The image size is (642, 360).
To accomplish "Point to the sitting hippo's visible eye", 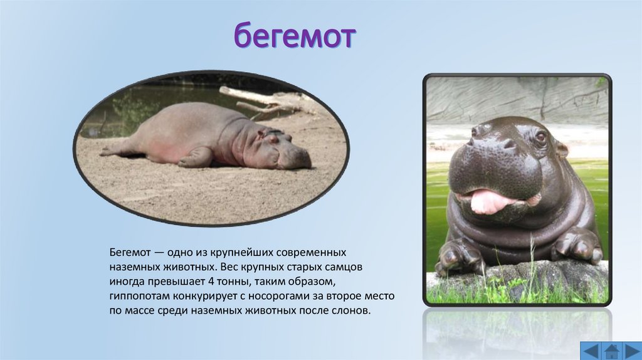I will pos(540,136).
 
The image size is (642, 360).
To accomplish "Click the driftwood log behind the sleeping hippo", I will pos(263,100).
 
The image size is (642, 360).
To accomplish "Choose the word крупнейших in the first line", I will pos(239,251).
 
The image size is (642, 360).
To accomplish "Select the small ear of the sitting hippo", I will pos(562,149).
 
